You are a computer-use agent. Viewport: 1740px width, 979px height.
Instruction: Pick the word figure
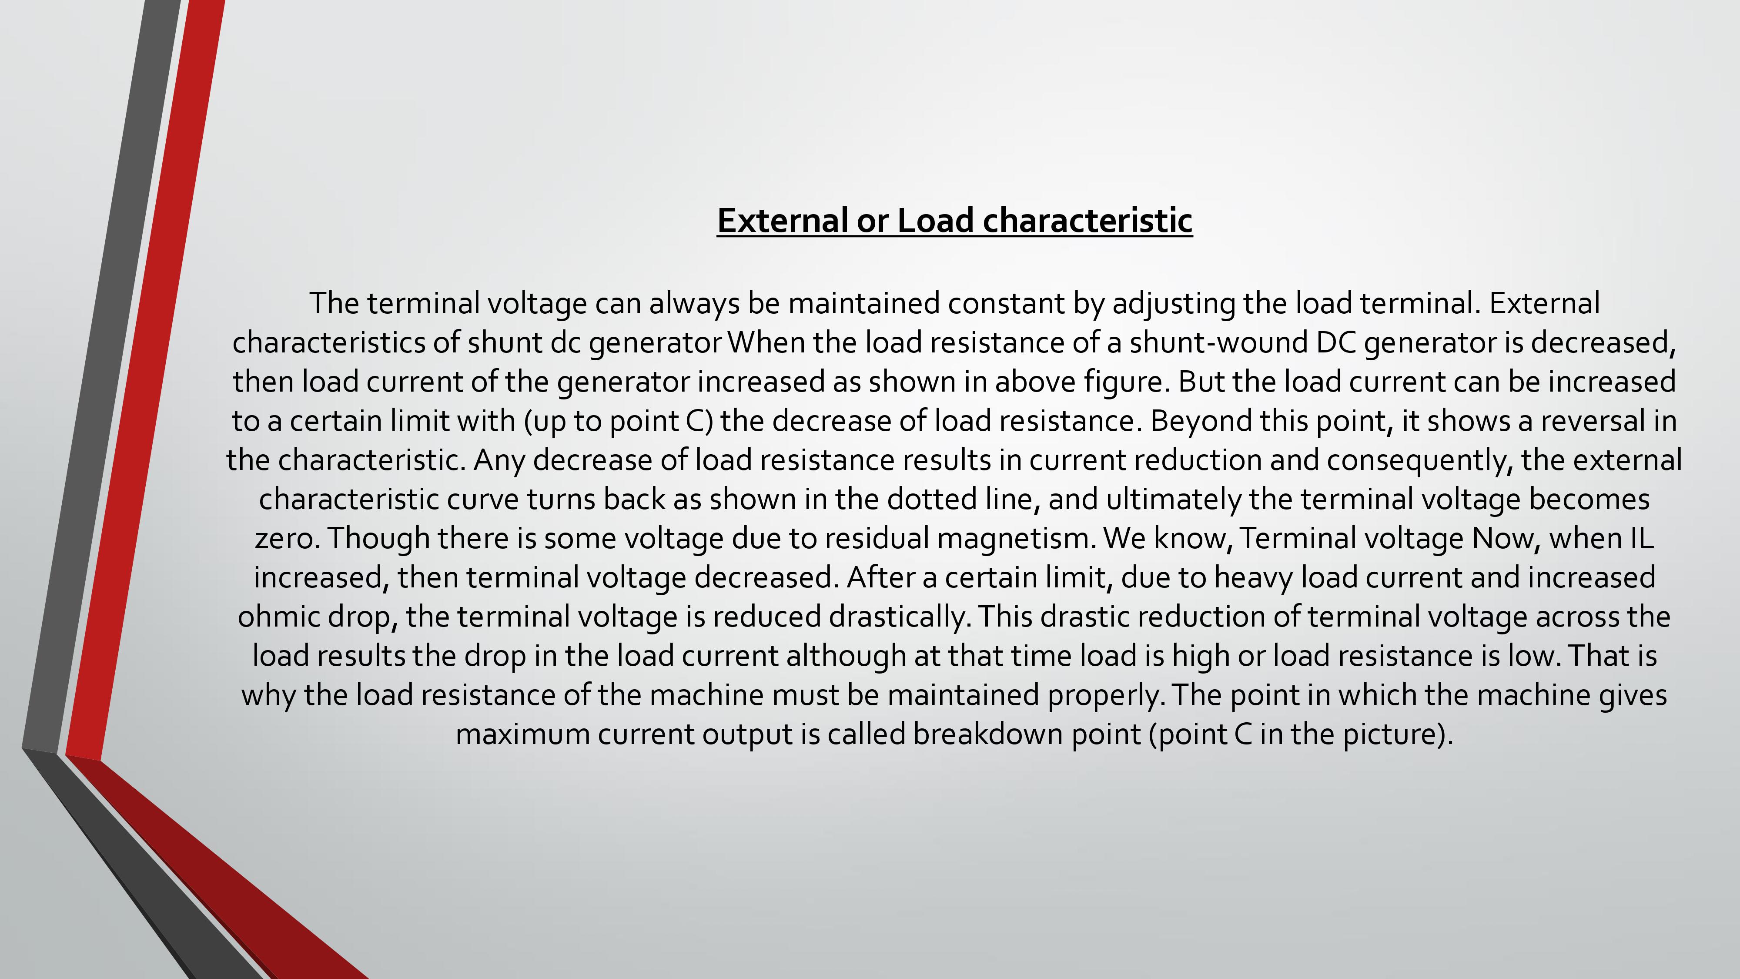[x=1126, y=382]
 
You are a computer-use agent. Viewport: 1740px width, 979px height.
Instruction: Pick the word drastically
[x=899, y=617]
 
